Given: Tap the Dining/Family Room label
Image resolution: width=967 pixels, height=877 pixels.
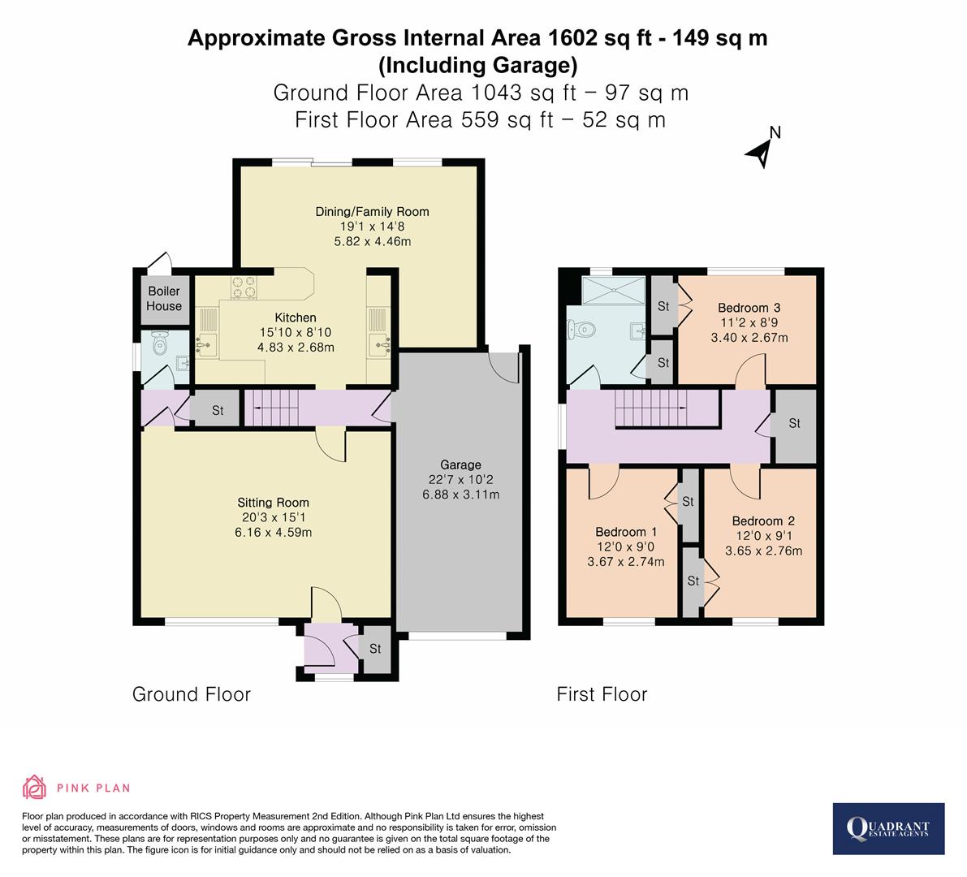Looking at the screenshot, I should click(372, 212).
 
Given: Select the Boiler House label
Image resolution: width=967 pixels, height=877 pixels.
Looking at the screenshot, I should click(164, 298).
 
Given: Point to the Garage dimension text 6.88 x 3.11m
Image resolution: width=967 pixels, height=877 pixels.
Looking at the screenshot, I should click(460, 494).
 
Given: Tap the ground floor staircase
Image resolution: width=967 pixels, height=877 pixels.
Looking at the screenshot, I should click(276, 407).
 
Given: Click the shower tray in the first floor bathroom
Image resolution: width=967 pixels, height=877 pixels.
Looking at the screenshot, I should click(615, 289).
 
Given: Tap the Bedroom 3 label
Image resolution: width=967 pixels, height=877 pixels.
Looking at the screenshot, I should click(749, 308).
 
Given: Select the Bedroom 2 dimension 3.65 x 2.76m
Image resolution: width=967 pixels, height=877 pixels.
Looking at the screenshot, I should click(763, 551).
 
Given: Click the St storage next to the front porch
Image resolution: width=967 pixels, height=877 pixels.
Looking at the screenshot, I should click(375, 649).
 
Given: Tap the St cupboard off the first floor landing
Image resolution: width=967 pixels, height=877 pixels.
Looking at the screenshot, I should click(794, 423).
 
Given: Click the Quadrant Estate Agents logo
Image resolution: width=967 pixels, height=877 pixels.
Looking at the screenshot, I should click(888, 828).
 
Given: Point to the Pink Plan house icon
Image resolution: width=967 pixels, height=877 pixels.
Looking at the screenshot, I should click(35, 787).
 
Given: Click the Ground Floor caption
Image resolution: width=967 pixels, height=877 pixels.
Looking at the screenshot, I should click(192, 694).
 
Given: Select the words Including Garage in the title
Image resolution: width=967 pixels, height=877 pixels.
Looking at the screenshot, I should click(477, 64).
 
